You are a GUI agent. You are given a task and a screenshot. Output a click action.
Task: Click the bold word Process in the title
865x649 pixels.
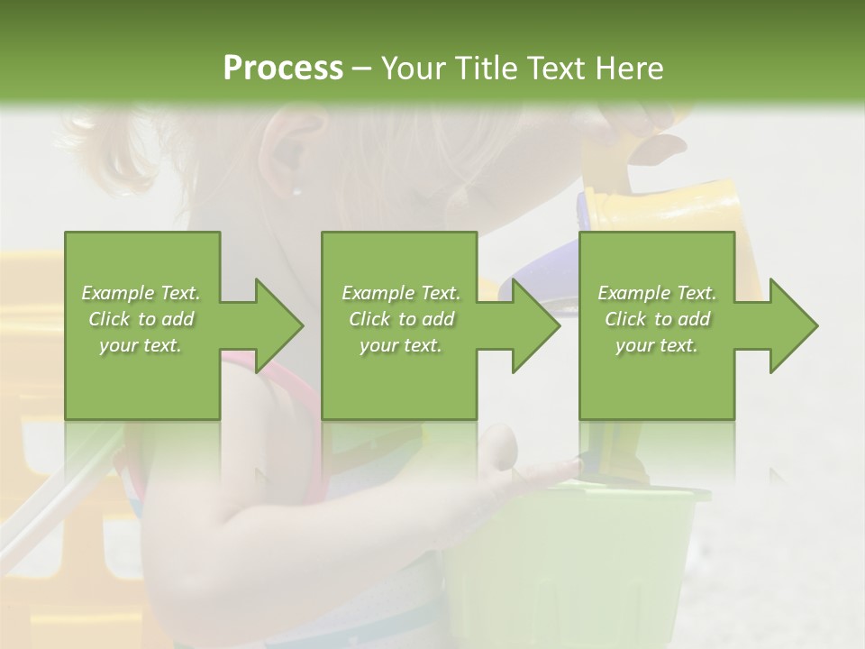(283, 69)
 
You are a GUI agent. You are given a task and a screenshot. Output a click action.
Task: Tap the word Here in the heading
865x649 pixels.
(630, 69)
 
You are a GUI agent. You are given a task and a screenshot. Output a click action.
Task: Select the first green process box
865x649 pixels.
(142, 379)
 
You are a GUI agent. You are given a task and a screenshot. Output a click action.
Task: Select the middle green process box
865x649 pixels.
(399, 379)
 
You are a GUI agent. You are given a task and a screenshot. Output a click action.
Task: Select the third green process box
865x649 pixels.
(656, 379)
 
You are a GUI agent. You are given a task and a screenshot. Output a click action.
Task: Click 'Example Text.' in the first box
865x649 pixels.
(141, 293)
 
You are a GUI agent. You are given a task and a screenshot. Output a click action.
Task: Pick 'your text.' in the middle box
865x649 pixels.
(400, 345)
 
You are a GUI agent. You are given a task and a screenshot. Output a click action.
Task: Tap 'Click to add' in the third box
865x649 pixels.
(657, 319)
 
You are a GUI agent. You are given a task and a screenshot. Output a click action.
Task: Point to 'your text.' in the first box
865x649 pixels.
(141, 345)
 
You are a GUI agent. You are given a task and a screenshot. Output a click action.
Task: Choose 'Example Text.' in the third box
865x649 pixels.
(657, 293)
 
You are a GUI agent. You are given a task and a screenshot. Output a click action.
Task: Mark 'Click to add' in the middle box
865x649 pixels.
(401, 319)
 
